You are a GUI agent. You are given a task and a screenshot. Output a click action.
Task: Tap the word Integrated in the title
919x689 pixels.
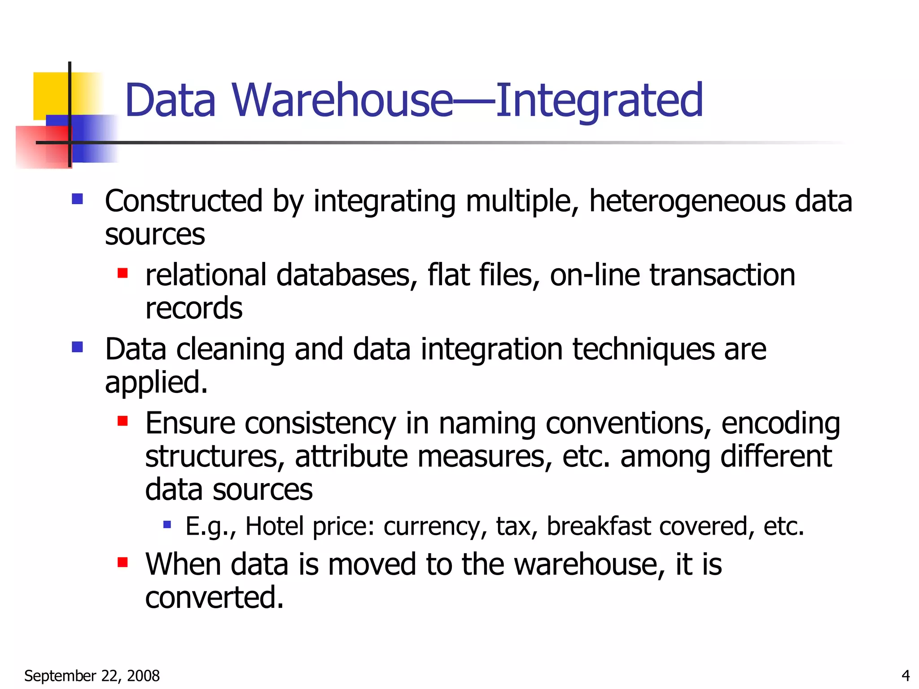(599, 100)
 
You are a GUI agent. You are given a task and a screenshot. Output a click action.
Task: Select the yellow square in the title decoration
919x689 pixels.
(50, 95)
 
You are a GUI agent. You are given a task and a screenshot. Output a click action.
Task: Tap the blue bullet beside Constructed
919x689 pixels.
(77, 199)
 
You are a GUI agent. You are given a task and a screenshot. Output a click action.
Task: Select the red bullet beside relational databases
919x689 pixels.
(123, 273)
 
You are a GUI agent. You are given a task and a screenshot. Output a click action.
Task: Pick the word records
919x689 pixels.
(194, 308)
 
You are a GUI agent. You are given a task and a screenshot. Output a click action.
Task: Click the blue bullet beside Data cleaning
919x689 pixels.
(77, 347)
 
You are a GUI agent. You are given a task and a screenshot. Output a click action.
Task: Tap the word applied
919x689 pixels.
(156, 383)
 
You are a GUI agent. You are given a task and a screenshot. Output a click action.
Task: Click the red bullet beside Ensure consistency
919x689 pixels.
(123, 421)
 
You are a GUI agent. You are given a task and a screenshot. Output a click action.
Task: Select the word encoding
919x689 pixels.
(780, 423)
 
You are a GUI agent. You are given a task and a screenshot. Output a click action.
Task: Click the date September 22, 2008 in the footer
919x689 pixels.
(92, 676)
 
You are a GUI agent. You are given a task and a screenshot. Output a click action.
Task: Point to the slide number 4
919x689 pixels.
(906, 676)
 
